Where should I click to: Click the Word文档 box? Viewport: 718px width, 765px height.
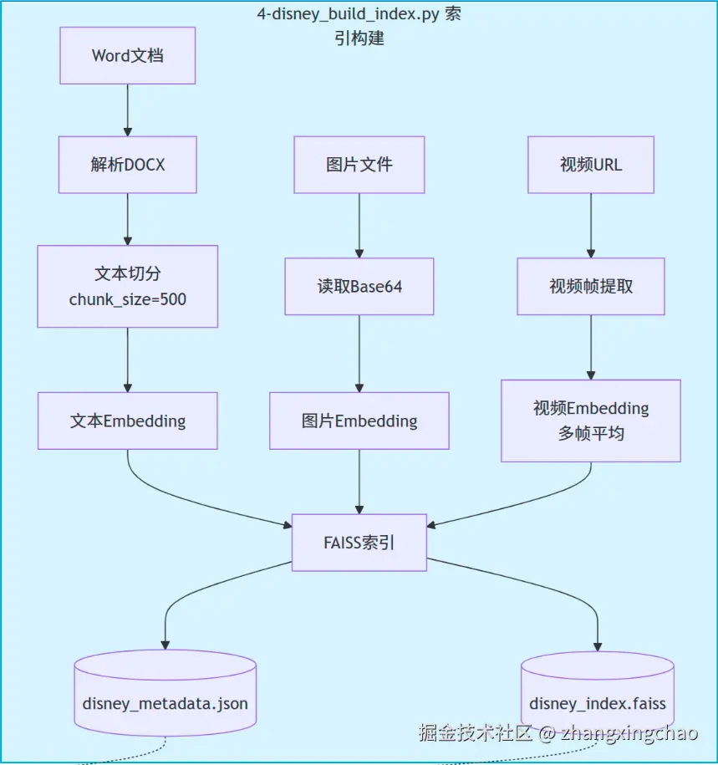click(128, 56)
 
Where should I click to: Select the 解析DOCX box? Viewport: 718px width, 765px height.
click(128, 165)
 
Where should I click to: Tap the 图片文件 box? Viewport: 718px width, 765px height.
click(359, 165)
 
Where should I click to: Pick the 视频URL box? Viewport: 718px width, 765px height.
click(591, 165)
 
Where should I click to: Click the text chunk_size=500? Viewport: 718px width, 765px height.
click(128, 299)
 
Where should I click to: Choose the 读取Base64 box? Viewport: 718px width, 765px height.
click(359, 287)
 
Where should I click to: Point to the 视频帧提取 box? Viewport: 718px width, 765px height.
click(591, 287)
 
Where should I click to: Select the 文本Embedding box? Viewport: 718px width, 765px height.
click(128, 421)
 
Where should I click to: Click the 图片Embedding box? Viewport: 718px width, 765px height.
click(359, 421)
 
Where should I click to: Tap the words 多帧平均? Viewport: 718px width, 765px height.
click(591, 433)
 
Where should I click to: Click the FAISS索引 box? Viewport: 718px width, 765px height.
click(359, 543)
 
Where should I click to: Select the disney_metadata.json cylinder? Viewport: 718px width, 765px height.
click(165, 693)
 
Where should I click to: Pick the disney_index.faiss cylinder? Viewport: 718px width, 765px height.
click(598, 693)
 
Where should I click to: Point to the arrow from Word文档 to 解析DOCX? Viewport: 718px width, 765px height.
click(128, 110)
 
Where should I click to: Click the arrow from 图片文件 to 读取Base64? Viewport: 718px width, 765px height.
click(359, 226)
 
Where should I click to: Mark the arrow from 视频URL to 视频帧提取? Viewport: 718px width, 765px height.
click(591, 226)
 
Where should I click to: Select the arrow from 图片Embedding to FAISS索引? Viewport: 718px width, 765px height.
click(359, 482)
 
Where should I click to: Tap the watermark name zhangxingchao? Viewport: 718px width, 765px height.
click(629, 732)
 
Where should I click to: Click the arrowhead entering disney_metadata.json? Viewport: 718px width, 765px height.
click(165, 645)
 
